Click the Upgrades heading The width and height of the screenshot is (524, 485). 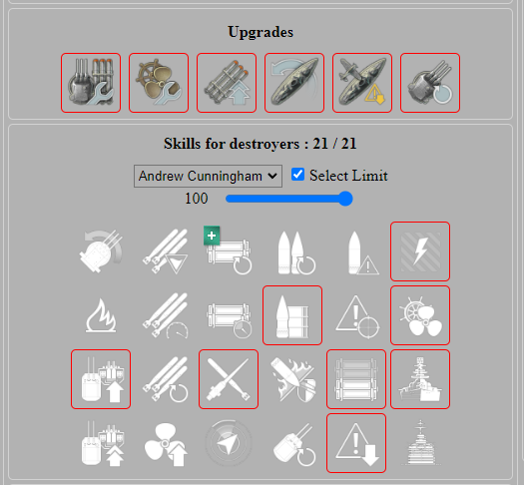click(260, 32)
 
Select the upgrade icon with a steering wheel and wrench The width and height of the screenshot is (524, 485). click(159, 83)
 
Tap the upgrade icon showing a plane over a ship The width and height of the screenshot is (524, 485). click(362, 83)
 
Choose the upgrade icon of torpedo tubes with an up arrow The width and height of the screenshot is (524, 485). click(227, 83)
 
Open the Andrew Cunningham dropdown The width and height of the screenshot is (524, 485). click(209, 176)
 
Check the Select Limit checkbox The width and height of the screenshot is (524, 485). click(297, 175)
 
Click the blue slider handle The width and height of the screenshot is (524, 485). click(346, 199)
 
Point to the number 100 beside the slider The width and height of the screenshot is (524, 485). click(196, 199)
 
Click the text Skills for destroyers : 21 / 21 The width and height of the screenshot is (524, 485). click(260, 144)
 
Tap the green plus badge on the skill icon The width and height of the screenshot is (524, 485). click(212, 235)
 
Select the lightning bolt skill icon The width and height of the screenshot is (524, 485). click(420, 251)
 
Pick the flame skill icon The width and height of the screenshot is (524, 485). click(101, 315)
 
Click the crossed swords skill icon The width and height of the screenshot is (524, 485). click(229, 379)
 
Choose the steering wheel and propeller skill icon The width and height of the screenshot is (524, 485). click(420, 315)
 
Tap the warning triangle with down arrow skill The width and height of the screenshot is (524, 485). click(356, 443)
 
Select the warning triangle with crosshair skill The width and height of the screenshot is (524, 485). click(356, 315)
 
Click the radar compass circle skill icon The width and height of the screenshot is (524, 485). click(229, 443)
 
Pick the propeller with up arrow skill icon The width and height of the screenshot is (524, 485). click(165, 443)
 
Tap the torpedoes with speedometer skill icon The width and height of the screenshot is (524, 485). click(165, 315)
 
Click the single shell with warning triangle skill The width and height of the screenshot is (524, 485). click(356, 251)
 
